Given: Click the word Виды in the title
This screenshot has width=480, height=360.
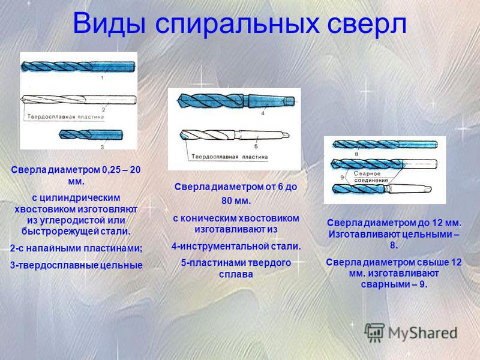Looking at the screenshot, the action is pyautogui.click(x=109, y=23).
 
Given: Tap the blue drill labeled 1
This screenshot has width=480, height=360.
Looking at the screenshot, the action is pyautogui.click(x=78, y=67).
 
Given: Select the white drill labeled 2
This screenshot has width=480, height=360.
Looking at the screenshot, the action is pyautogui.click(x=79, y=100).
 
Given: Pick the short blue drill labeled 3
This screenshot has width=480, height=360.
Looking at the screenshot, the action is pyautogui.click(x=91, y=134).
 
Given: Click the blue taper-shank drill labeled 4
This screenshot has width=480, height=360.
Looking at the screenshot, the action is pyautogui.click(x=236, y=100).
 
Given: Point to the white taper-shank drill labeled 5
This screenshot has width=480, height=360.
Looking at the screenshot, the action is pyautogui.click(x=234, y=134).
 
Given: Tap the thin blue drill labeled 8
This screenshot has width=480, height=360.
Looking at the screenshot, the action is pyautogui.click(x=385, y=144).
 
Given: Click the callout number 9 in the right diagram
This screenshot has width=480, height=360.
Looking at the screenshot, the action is pyautogui.click(x=341, y=177).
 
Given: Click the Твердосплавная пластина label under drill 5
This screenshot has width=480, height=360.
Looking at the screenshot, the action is pyautogui.click(x=230, y=157).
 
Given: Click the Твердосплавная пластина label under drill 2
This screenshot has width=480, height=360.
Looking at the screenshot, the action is pyautogui.click(x=65, y=117).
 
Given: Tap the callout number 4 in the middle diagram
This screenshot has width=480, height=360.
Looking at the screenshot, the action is pyautogui.click(x=263, y=113).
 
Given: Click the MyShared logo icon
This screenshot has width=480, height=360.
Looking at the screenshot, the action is pyautogui.click(x=374, y=332).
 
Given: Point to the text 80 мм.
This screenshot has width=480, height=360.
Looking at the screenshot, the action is pyautogui.click(x=236, y=201).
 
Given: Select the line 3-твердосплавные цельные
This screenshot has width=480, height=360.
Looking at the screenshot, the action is pyautogui.click(x=76, y=265).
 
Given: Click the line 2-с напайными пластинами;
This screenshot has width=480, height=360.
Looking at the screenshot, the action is pyautogui.click(x=76, y=248).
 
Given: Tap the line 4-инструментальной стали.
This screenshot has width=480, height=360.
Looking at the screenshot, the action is pyautogui.click(x=236, y=246).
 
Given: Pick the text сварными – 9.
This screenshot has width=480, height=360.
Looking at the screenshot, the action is pyautogui.click(x=394, y=284).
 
